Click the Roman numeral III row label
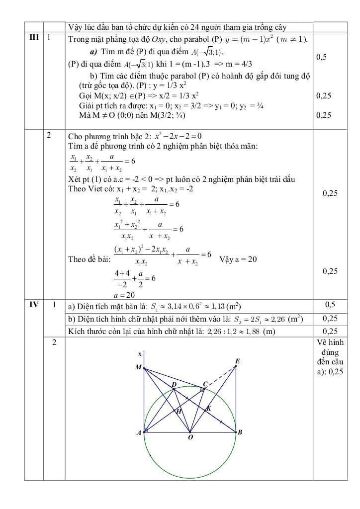pos(34,38)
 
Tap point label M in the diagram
pos(138,368)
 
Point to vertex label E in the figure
pos(237,361)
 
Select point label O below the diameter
pos(190,437)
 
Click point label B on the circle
pos(240,432)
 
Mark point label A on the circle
pos(139,432)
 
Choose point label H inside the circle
pos(179,412)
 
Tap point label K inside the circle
pos(208,408)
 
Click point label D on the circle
pos(174,385)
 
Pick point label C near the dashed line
pos(205,384)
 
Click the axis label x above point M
pos(140,353)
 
